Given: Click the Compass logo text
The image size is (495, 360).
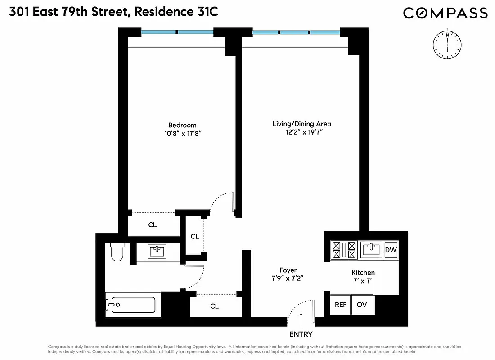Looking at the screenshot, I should click(445, 13).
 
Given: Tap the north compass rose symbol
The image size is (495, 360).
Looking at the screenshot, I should click(447, 45).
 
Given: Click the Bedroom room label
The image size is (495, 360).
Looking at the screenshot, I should click(182, 125).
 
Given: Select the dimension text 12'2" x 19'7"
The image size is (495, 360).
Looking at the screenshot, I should click(301, 132).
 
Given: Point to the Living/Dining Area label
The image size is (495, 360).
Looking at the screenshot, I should click(301, 124).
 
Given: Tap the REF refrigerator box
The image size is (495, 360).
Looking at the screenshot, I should click(341, 305).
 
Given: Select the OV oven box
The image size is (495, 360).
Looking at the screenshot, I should click(362, 305).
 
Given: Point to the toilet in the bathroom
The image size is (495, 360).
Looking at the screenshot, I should click(117, 252).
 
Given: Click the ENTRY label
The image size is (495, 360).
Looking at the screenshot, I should click(301, 334).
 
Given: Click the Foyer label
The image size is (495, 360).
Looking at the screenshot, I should click(288, 270).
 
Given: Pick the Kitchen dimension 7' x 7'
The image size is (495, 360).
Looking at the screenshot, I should click(363, 281).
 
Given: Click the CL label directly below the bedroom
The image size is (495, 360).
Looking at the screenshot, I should click(153, 225).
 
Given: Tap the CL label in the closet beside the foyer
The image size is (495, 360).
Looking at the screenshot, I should click(215, 306).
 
